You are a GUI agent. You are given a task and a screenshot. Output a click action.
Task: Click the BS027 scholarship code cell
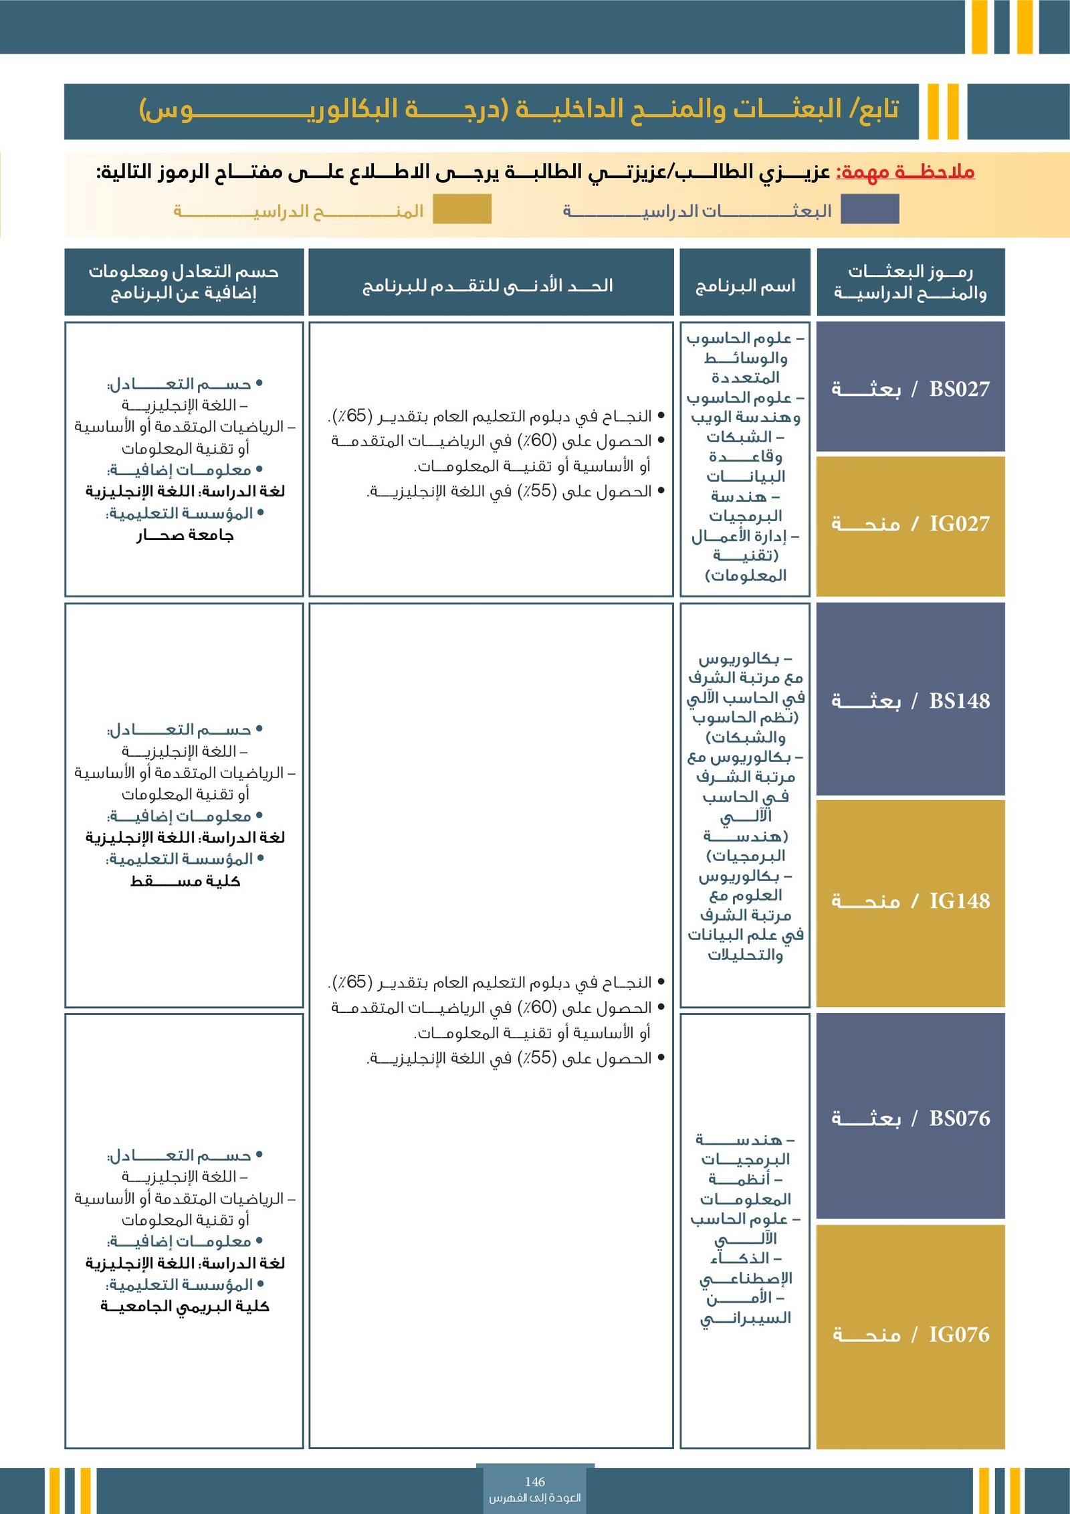pyautogui.click(x=910, y=388)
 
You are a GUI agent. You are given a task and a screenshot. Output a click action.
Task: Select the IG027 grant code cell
pyautogui.click(x=910, y=524)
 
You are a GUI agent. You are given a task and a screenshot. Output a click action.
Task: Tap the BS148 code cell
pyautogui.click(x=910, y=700)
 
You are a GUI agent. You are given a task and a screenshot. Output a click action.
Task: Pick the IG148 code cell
pyautogui.click(x=910, y=901)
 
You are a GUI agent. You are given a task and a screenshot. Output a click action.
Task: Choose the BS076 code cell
pyautogui.click(x=910, y=1118)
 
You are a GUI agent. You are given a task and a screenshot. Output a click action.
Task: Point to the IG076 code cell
pyautogui.click(x=910, y=1335)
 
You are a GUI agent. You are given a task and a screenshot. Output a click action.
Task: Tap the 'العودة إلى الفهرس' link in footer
pyautogui.click(x=535, y=1498)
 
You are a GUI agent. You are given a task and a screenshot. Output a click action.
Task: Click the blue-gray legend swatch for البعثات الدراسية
pyautogui.click(x=869, y=209)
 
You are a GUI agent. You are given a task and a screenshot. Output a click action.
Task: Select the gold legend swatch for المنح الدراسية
pyautogui.click(x=462, y=209)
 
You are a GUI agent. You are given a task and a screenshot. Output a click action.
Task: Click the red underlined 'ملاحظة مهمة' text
pyautogui.click(x=905, y=173)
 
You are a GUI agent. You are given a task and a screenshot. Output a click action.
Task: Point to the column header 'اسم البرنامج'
pyautogui.click(x=745, y=286)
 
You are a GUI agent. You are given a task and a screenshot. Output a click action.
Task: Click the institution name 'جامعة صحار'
pyautogui.click(x=185, y=535)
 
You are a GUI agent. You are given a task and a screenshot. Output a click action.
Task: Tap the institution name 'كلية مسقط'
pyautogui.click(x=185, y=881)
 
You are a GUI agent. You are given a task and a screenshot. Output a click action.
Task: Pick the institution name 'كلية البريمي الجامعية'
pyautogui.click(x=185, y=1307)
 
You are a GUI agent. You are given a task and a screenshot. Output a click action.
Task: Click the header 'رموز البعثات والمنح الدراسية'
pyautogui.click(x=910, y=282)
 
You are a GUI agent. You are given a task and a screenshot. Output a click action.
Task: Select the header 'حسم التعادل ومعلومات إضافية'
pyautogui.click(x=184, y=282)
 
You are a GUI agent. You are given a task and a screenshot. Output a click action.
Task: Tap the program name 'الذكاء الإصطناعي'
pyautogui.click(x=745, y=1269)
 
